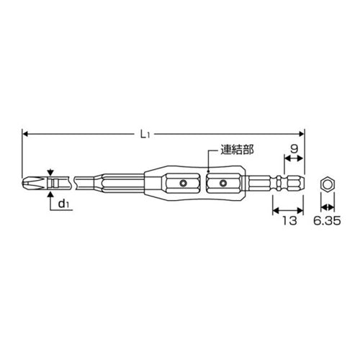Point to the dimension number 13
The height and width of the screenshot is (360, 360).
coord(290,221)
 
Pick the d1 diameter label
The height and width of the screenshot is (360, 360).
coord(65,204)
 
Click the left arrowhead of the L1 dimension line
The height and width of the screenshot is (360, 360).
coord(27,134)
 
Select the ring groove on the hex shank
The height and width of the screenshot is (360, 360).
coord(284,184)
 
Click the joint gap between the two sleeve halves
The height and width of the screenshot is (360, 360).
coord(204,184)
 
